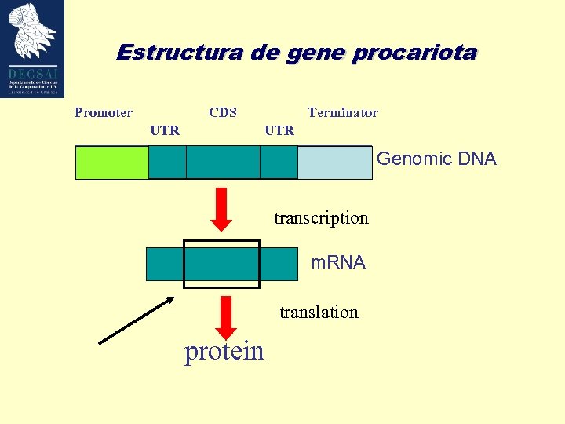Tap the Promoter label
click(x=104, y=113)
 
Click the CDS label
click(x=223, y=112)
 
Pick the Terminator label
click(x=343, y=113)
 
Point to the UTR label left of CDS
click(x=165, y=130)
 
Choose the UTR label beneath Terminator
click(x=279, y=130)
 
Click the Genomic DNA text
click(x=436, y=159)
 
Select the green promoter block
click(x=111, y=163)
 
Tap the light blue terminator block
click(x=334, y=163)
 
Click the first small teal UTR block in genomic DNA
click(x=167, y=163)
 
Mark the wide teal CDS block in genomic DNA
click(x=223, y=163)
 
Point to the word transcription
click(x=321, y=218)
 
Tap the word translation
click(x=319, y=313)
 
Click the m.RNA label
click(x=338, y=263)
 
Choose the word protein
click(x=224, y=351)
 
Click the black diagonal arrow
click(x=136, y=320)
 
